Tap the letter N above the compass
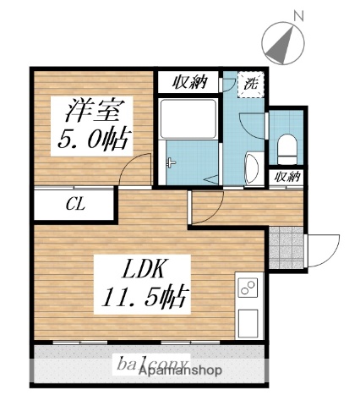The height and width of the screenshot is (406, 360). click(x=297, y=14)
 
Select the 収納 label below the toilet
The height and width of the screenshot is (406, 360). click(x=287, y=177)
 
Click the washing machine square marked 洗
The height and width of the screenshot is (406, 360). click(x=251, y=84)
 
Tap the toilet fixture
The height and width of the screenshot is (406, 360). click(x=287, y=148)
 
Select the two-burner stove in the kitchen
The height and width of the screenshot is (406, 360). click(x=249, y=288)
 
